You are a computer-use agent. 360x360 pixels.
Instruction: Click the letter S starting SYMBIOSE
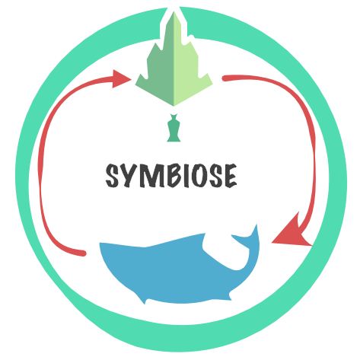pyautogui.click(x=112, y=176)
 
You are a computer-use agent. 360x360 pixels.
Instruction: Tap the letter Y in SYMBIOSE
pyautogui.click(x=127, y=176)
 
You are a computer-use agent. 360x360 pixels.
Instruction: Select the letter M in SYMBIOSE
pyautogui.click(x=151, y=176)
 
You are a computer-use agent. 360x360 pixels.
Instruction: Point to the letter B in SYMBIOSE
pyautogui.click(x=174, y=176)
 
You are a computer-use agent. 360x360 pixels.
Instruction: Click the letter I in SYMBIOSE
pyautogui.click(x=186, y=176)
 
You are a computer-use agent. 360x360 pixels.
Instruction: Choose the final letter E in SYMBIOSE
pyautogui.click(x=231, y=176)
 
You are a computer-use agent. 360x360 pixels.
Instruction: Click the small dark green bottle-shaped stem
pyautogui.click(x=174, y=128)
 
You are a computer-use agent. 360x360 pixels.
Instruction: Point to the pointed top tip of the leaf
pyautogui.click(x=174, y=12)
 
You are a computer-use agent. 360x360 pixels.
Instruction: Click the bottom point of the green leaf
pyautogui.click(x=174, y=106)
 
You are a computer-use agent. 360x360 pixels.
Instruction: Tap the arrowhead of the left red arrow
pyautogui.click(x=121, y=79)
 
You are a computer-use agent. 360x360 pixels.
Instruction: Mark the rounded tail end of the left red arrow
pyautogui.click(x=83, y=253)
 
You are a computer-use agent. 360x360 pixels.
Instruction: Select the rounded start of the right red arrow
pyautogui.click(x=225, y=78)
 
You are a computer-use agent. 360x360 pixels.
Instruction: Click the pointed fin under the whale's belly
pyautogui.click(x=142, y=299)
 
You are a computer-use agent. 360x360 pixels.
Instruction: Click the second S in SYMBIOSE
pyautogui.click(x=216, y=176)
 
